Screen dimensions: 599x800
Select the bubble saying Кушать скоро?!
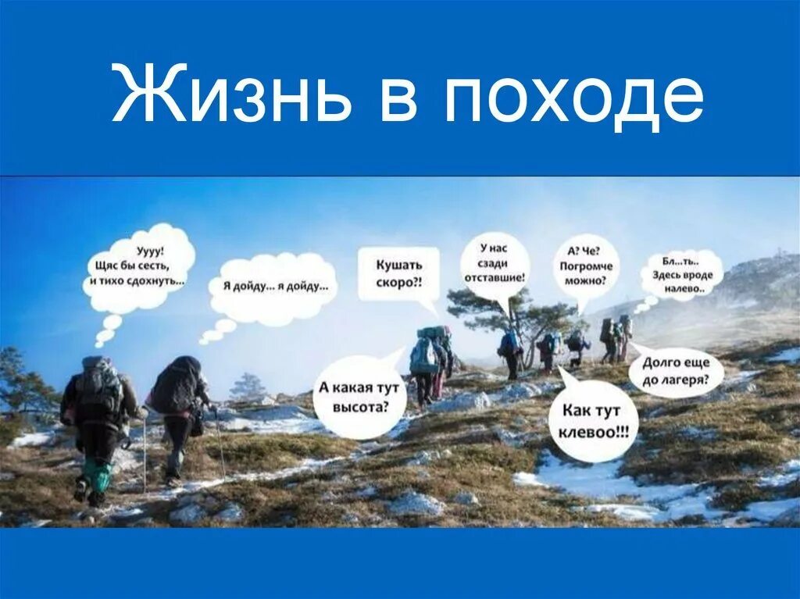[398, 273]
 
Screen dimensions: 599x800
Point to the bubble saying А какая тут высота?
[359, 396]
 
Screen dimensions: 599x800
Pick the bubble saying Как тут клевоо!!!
[593, 420]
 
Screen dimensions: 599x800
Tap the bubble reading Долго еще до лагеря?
[676, 372]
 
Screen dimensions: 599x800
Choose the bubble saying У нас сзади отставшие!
[495, 266]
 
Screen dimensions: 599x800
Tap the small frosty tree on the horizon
[248, 386]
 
